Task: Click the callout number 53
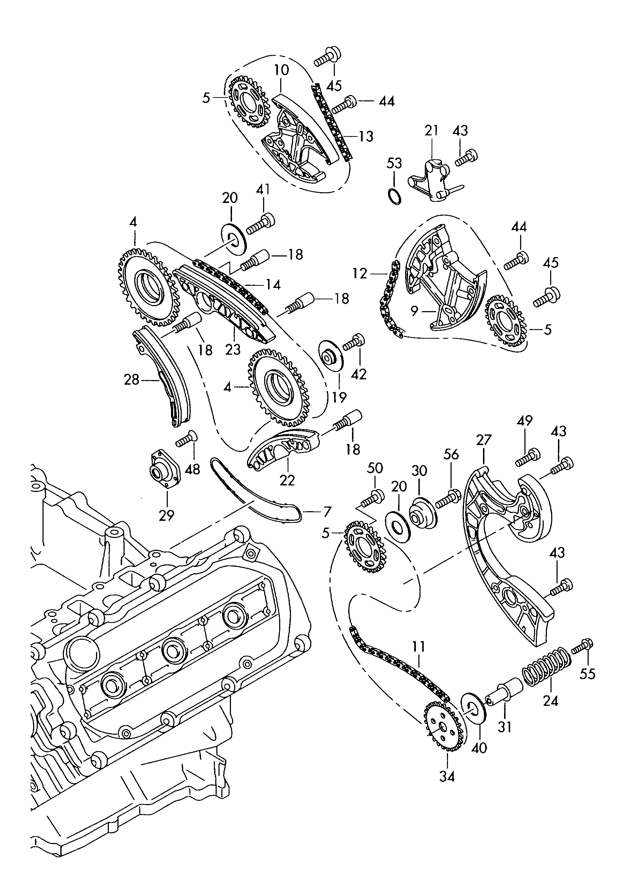point(394,163)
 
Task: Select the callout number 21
point(431,130)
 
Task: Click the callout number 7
point(327,511)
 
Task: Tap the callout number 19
point(339,397)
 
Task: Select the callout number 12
point(359,274)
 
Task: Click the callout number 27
point(484,440)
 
